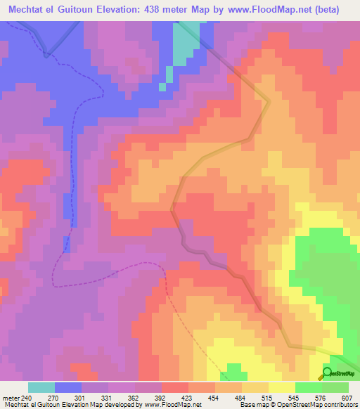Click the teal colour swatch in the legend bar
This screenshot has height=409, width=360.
(x=41, y=387)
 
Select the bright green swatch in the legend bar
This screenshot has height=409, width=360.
(x=308, y=387)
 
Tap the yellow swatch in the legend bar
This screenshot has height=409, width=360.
(x=281, y=387)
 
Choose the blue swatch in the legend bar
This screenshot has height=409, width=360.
(x=67, y=387)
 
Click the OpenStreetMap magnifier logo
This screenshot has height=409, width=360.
(x=328, y=373)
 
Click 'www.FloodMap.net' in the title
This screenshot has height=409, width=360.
(x=272, y=10)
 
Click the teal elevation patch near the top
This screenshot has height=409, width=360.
(x=184, y=44)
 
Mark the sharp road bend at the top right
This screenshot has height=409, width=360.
(x=269, y=103)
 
